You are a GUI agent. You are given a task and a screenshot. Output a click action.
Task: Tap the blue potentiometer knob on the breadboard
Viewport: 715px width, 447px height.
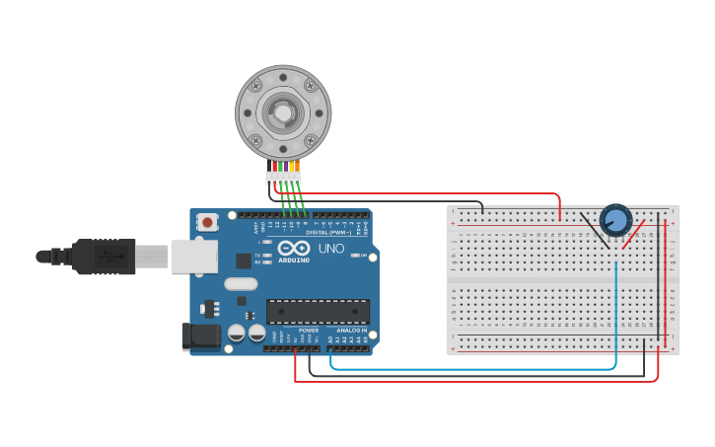[615, 219]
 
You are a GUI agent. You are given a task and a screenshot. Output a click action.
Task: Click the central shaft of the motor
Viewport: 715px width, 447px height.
[283, 112]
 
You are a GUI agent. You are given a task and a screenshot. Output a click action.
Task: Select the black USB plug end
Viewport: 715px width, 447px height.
[104, 257]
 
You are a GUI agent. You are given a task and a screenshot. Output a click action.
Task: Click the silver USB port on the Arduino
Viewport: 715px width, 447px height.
[193, 257]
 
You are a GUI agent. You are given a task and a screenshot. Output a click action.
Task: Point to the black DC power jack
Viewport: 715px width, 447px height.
[201, 336]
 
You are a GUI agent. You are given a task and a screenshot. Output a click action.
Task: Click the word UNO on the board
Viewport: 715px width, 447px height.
[332, 249]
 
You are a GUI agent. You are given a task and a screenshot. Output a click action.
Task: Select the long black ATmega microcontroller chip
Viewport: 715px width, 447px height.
[318, 312]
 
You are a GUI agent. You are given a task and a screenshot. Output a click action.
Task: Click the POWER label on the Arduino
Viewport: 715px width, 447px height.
[309, 330]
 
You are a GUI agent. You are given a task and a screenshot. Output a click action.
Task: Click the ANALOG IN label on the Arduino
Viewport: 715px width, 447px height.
[351, 330]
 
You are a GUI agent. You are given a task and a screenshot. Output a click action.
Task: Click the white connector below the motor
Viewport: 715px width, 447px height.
[283, 179]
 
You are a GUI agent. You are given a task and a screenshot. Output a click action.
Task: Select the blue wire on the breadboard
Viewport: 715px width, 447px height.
[616, 306]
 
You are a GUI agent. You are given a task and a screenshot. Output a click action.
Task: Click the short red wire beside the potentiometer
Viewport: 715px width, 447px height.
[636, 234]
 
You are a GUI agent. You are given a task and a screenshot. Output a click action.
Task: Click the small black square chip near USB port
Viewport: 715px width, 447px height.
[244, 261]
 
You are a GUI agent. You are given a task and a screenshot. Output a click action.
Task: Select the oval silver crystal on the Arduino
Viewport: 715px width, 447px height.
[241, 284]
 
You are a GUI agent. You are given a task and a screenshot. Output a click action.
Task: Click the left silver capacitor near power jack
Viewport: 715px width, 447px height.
[237, 334]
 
